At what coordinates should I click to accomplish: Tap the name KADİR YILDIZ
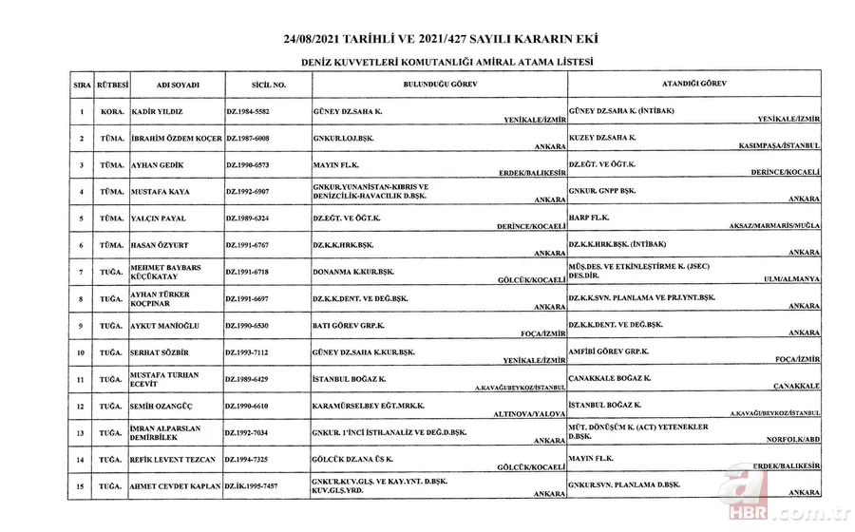(158, 111)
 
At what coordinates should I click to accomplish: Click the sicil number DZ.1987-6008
(254, 139)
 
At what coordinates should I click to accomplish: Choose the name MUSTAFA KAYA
(160, 192)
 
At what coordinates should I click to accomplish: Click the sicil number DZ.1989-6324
(254, 218)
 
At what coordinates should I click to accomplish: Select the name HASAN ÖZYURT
(161, 245)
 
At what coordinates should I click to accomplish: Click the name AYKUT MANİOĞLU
(164, 326)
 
